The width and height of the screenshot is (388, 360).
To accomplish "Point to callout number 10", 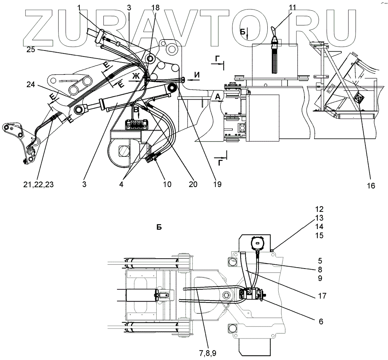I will pyautogui.click(x=167, y=184).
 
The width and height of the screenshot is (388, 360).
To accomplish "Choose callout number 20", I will pyautogui.click(x=193, y=184).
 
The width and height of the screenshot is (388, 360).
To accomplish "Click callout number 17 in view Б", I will pyautogui.click(x=321, y=296).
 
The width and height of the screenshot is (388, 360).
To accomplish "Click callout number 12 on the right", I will pyautogui.click(x=320, y=209).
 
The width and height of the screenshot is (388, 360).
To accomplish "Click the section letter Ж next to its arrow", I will pyautogui.click(x=136, y=76).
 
